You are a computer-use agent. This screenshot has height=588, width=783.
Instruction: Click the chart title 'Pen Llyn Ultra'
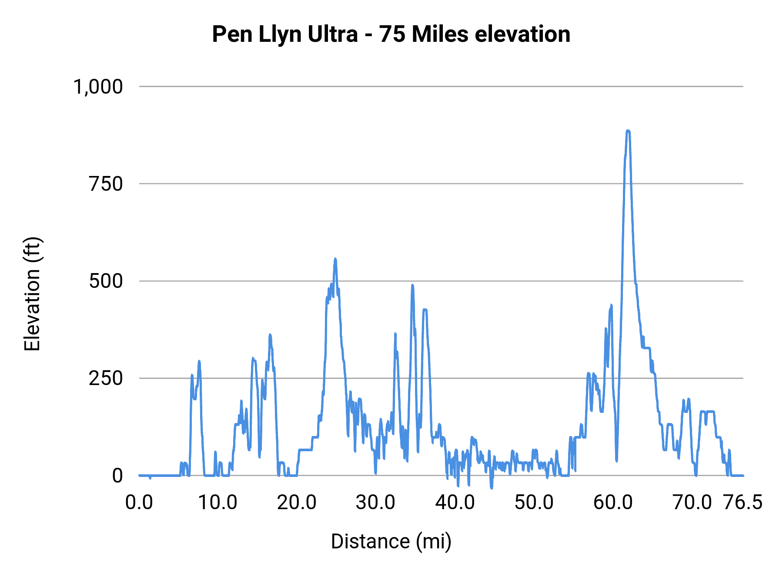click(284, 34)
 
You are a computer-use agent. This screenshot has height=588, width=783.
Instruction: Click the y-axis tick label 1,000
click(98, 87)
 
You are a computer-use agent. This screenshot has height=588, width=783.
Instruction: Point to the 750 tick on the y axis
click(106, 184)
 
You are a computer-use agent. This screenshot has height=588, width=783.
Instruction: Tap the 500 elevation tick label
click(106, 281)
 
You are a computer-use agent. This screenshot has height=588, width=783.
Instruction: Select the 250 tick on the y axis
click(106, 378)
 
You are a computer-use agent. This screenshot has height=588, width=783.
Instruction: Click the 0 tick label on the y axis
click(117, 476)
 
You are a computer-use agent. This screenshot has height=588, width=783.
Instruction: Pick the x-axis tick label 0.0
click(139, 503)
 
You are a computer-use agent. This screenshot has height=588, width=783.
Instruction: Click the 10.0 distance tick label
click(217, 503)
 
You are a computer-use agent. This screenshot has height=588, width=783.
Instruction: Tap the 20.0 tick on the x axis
click(297, 503)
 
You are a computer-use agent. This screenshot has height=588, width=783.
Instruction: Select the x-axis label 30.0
click(375, 503)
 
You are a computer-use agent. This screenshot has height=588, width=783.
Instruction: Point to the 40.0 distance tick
click(455, 503)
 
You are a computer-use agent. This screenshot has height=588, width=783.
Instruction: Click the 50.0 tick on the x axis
click(534, 503)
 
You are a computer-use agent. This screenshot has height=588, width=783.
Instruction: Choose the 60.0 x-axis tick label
click(613, 503)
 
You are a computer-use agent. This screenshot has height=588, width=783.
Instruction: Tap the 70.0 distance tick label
click(692, 503)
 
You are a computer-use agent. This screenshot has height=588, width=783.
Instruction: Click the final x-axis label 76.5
click(743, 503)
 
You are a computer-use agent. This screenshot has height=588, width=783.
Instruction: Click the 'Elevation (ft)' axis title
click(32, 294)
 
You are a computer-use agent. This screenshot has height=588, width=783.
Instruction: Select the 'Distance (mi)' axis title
click(391, 541)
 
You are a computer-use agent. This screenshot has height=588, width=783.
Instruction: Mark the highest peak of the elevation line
click(628, 131)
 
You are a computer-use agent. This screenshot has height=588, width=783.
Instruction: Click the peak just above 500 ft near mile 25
click(335, 259)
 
